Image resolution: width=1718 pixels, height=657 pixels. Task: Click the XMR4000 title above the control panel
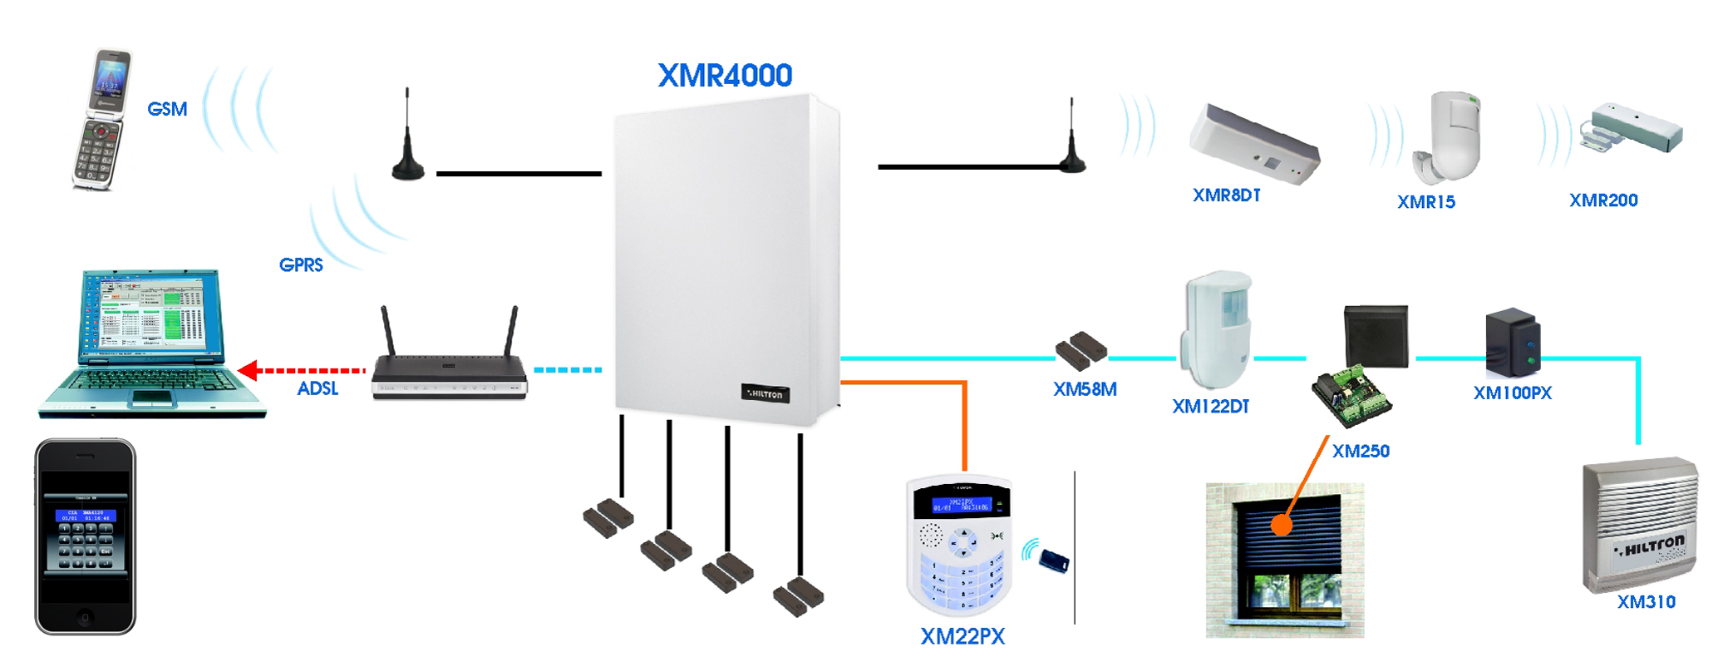tap(725, 76)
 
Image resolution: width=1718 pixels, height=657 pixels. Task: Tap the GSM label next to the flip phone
tap(167, 109)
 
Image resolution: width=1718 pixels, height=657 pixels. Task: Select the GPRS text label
tap(301, 265)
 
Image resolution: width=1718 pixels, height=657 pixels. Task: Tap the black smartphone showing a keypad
tap(85, 537)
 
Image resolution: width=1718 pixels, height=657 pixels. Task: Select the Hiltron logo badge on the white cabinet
tap(765, 393)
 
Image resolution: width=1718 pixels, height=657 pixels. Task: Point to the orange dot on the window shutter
tap(1282, 525)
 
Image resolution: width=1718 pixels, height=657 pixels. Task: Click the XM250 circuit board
tap(1351, 396)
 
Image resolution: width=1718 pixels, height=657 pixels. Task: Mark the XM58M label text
tap(1085, 389)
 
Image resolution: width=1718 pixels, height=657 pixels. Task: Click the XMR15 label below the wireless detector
tap(1425, 202)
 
